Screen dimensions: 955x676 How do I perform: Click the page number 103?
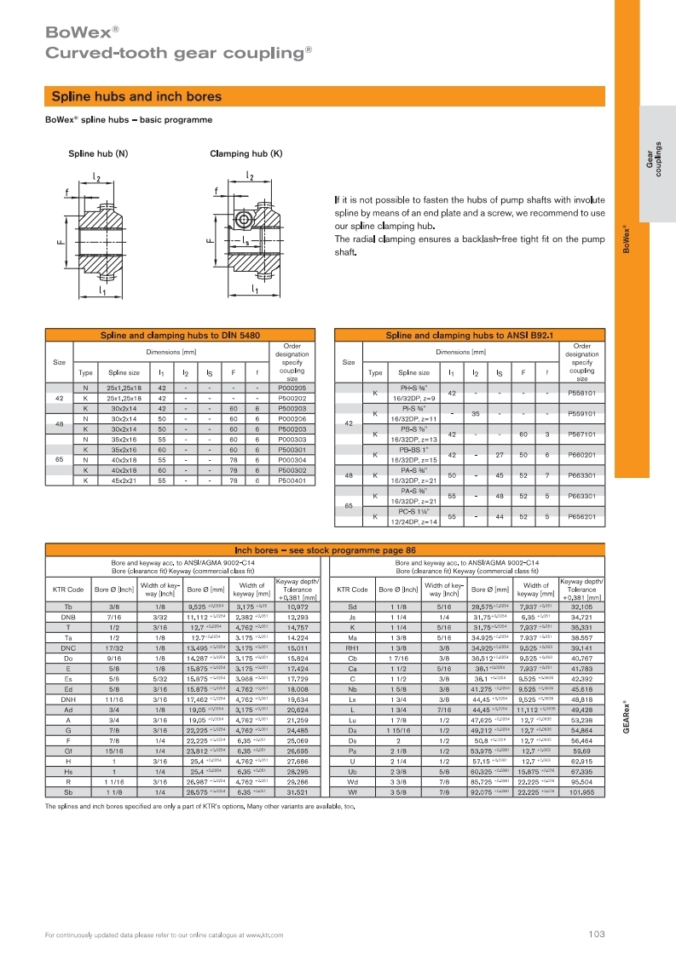tap(596, 935)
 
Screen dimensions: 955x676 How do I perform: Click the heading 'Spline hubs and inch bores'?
tap(136, 96)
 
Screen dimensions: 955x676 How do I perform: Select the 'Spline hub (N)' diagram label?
tap(98, 154)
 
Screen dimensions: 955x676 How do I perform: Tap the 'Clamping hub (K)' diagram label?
tap(246, 154)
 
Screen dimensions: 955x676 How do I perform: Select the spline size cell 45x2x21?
tap(124, 480)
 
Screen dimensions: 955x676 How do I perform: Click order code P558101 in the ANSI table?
tap(581, 394)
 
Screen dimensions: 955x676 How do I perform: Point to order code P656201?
tap(581, 516)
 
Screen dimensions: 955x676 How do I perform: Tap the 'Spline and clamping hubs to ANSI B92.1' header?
tap(470, 337)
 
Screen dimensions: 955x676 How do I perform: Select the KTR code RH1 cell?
tap(352, 647)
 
